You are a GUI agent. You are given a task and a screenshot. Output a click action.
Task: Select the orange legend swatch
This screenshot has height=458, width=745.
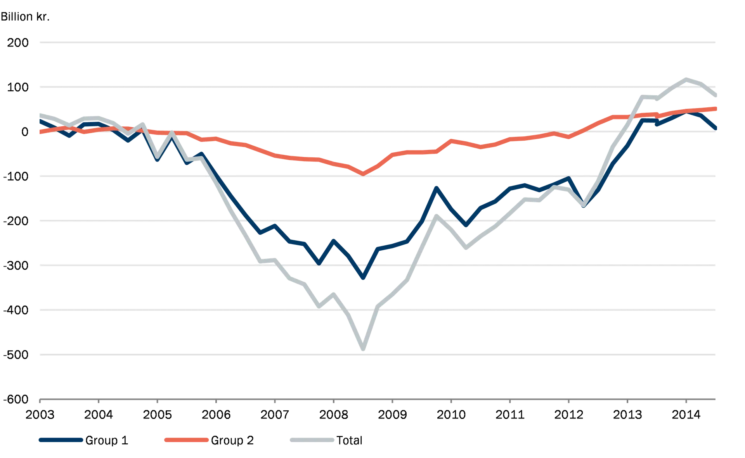tap(187, 439)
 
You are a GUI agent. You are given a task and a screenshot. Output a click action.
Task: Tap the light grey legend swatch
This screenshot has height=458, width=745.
tap(312, 439)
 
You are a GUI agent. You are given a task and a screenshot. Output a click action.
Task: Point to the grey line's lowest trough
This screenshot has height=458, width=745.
tap(363, 348)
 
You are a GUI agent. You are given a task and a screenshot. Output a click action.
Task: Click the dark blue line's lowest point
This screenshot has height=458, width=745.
tap(363, 277)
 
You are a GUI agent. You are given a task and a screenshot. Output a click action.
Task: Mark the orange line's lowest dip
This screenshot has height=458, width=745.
tap(363, 173)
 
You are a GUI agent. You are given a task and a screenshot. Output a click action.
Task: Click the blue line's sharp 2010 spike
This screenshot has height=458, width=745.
tap(437, 188)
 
